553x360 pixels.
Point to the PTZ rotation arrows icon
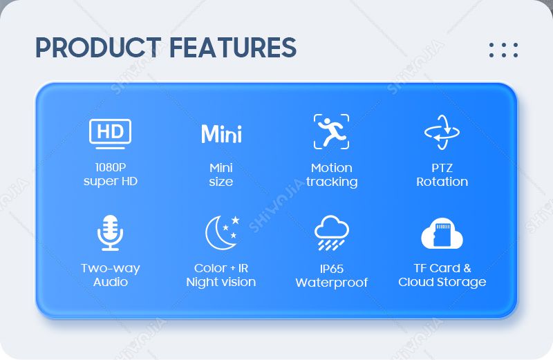click(x=442, y=133)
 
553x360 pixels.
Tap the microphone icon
click(x=110, y=233)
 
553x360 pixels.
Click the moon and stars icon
click(x=222, y=232)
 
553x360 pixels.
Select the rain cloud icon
click(x=332, y=233)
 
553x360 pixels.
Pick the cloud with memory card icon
click(x=442, y=234)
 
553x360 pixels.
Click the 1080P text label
click(x=111, y=167)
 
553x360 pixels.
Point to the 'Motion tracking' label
click(x=332, y=175)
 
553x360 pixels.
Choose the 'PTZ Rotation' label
click(x=442, y=175)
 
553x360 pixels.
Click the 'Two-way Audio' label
click(x=111, y=275)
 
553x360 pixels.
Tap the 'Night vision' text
click(x=221, y=282)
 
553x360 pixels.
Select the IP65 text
click(x=332, y=269)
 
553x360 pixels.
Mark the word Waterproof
click(x=332, y=283)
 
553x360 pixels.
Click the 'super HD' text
click(x=111, y=182)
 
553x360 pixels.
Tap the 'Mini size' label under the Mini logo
click(x=221, y=175)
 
